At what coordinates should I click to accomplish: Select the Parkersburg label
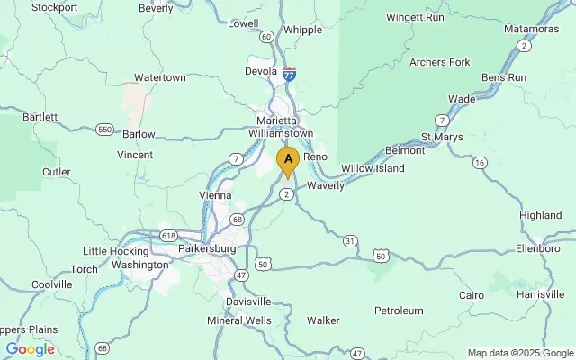tap(206, 247)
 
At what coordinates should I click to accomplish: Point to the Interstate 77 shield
tap(289, 76)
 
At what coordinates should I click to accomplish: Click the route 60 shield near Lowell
tap(266, 37)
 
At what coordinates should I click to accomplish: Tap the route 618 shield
tap(168, 234)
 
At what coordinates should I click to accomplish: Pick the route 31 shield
tap(350, 239)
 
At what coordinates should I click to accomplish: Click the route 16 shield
tap(480, 163)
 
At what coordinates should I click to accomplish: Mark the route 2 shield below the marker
tap(286, 194)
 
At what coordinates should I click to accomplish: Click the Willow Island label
tap(373, 168)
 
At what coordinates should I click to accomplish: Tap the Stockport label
tap(54, 7)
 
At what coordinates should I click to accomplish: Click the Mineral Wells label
tap(238, 320)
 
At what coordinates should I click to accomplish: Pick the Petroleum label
tap(399, 310)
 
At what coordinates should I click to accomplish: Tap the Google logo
tap(30, 349)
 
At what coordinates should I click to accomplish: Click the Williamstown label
tap(282, 134)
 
